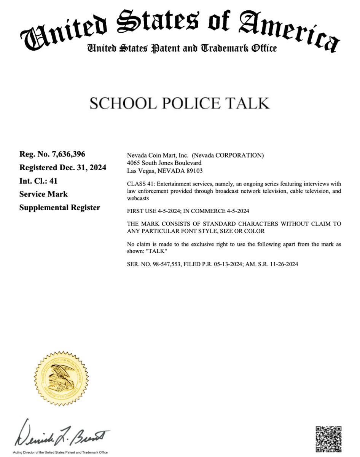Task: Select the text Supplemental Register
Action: pyautogui.click(x=60, y=208)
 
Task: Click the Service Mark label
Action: pyautogui.click(x=43, y=194)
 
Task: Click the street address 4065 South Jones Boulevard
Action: pyautogui.click(x=164, y=163)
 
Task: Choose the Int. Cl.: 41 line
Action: pyautogui.click(x=38, y=181)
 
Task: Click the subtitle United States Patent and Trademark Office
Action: pyautogui.click(x=182, y=48)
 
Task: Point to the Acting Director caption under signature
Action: pyautogui.click(x=61, y=452)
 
